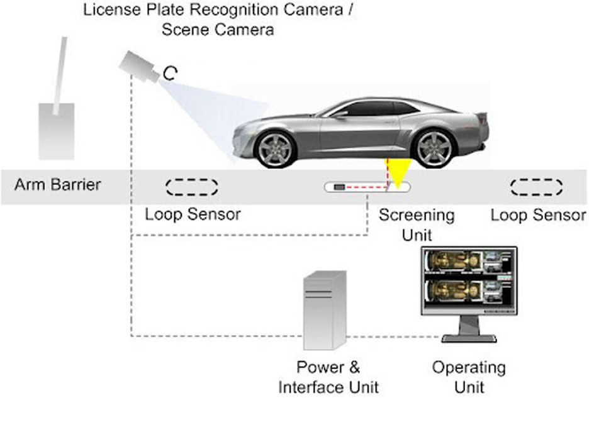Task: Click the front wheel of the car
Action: pyautogui.click(x=275, y=148)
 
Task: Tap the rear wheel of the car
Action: pyautogui.click(x=434, y=148)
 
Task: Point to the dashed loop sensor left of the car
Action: pyautogui.click(x=192, y=187)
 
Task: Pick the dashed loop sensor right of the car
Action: pyautogui.click(x=536, y=187)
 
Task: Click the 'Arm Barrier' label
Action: pyautogui.click(x=57, y=185)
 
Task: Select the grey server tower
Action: pyautogui.click(x=325, y=310)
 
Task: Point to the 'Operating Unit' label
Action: pyautogui.click(x=469, y=376)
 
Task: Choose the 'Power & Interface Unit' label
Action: pyautogui.click(x=328, y=377)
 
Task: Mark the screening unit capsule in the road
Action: pyautogui.click(x=367, y=187)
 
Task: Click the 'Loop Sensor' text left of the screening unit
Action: pyautogui.click(x=193, y=214)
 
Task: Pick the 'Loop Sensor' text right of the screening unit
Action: pyautogui.click(x=538, y=215)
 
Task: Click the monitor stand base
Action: pyautogui.click(x=469, y=338)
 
